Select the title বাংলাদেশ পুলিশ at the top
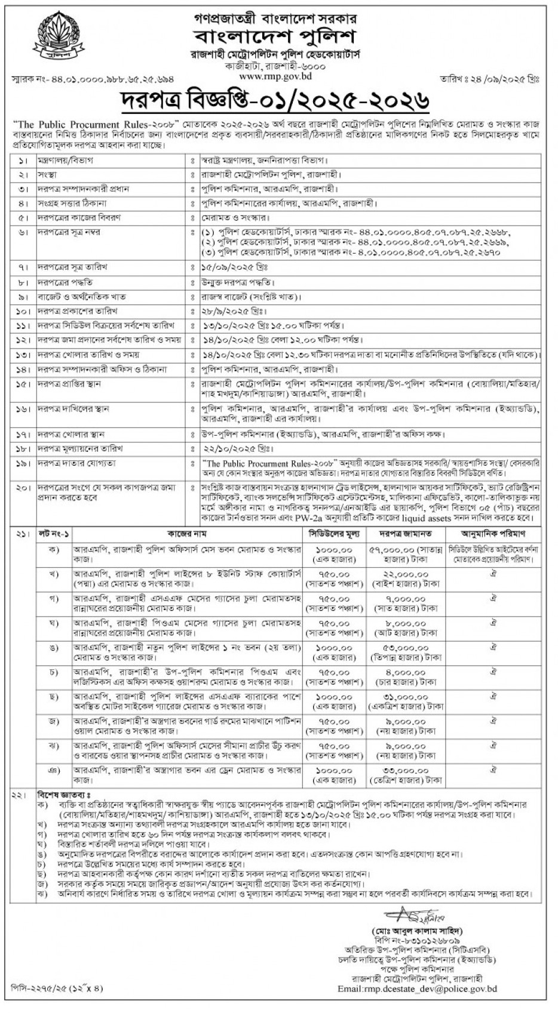[x=278, y=33]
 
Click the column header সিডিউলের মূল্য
[x=336, y=532]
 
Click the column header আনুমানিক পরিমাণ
[x=493, y=532]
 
